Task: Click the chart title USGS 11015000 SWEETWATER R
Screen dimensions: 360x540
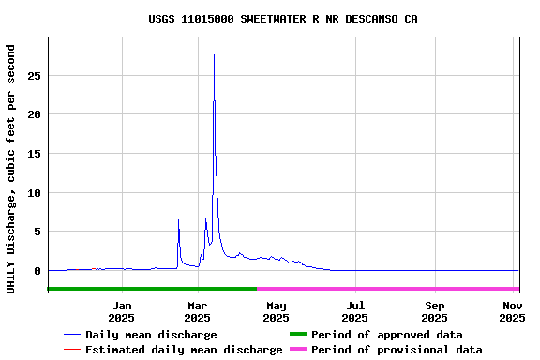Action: point(270,19)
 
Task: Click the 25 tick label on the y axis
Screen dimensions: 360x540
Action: point(34,75)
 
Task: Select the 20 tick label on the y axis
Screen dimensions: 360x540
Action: point(34,114)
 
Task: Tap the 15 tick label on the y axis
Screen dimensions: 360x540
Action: point(34,154)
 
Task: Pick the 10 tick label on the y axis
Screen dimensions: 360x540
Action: point(34,193)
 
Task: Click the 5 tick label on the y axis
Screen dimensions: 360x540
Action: point(37,232)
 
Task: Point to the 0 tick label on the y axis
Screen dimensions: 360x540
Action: point(37,271)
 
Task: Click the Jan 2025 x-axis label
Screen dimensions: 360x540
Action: point(122,311)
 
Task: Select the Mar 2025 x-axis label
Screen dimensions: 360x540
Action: point(198,311)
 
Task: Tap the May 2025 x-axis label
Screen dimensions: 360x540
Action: point(277,311)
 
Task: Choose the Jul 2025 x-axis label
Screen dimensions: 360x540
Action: point(355,311)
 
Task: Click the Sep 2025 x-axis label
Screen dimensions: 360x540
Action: point(434,311)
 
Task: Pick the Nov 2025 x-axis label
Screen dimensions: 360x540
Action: point(512,311)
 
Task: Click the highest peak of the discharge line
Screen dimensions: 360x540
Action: point(214,55)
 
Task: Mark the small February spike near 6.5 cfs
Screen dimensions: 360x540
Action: point(178,220)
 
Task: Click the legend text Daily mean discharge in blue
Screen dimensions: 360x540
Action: point(151,335)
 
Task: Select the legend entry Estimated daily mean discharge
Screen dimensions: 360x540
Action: point(184,350)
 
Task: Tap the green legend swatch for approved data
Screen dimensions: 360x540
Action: point(297,335)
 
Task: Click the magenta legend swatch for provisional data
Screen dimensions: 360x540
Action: point(297,350)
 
